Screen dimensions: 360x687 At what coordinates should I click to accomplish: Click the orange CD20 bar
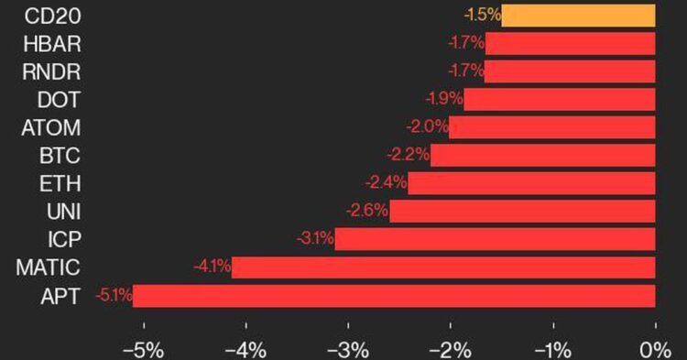click(x=577, y=15)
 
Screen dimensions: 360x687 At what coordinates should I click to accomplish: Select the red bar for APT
click(x=394, y=296)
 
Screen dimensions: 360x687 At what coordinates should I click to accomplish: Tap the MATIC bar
click(x=443, y=267)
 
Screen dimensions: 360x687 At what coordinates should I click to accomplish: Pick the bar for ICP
click(x=495, y=240)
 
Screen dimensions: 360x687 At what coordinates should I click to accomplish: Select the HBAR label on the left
click(x=54, y=42)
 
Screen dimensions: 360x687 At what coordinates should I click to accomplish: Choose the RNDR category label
click(x=54, y=71)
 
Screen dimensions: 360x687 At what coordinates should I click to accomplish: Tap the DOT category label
click(x=60, y=99)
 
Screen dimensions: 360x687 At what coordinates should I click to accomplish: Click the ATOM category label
click(x=51, y=127)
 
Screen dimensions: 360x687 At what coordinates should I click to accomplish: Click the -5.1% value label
click(x=114, y=296)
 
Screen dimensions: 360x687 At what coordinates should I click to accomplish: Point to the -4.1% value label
click(x=212, y=267)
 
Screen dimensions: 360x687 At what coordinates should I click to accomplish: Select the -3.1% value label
click(x=314, y=240)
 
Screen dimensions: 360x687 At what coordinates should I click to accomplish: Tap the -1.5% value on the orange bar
click(x=482, y=15)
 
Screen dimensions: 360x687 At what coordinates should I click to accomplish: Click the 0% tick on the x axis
click(x=654, y=349)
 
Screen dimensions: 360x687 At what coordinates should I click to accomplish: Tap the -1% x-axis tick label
click(x=552, y=349)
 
